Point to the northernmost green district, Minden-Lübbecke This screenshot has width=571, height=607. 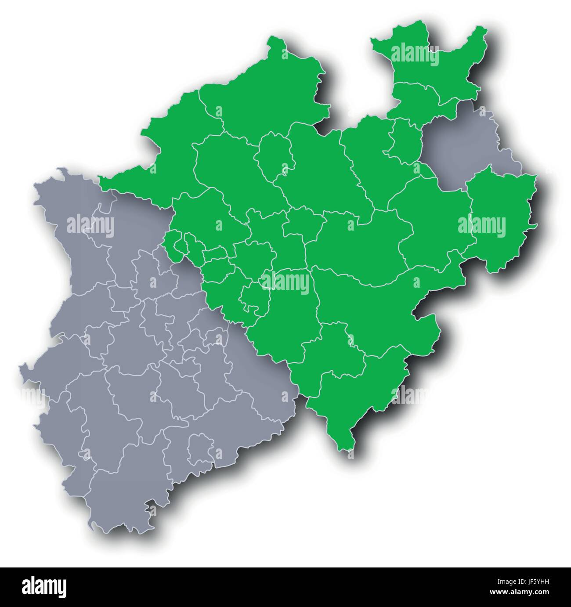pyautogui.click(x=428, y=57)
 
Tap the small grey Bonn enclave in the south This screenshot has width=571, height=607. pyautogui.click(x=200, y=448)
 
